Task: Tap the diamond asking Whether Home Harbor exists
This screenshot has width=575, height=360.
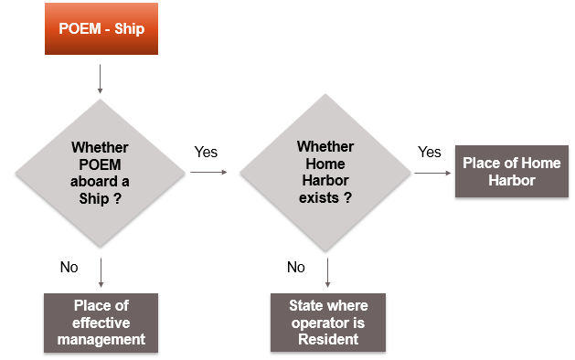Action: tap(325, 171)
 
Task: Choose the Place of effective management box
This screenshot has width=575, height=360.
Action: tap(100, 323)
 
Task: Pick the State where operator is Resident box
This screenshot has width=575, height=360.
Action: tap(325, 323)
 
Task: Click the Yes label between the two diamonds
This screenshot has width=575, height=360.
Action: tap(206, 152)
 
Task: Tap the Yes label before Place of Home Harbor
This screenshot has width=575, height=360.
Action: tap(429, 152)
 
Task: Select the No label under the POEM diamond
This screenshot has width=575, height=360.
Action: tap(69, 267)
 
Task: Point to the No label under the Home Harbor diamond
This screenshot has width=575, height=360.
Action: tap(295, 267)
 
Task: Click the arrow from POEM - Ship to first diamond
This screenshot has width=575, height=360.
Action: tap(100, 79)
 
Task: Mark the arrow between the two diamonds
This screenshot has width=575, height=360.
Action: tap(209, 171)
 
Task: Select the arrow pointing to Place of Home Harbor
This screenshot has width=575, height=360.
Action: tap(432, 171)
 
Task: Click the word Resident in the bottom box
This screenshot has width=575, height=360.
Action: tap(325, 339)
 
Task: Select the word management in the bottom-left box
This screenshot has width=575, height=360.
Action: tap(100, 340)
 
